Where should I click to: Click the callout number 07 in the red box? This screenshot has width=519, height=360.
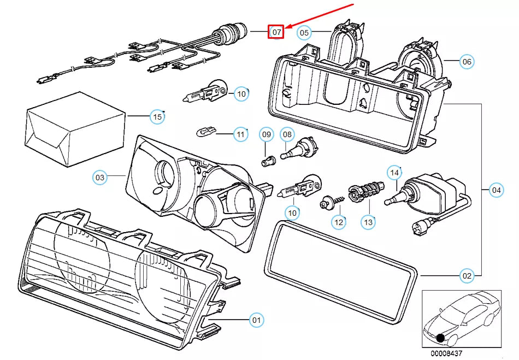tap(277, 32)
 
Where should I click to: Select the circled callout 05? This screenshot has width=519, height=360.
tap(304, 33)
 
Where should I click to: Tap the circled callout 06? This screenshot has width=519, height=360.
tap(466, 62)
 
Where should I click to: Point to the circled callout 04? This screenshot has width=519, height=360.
tap(496, 190)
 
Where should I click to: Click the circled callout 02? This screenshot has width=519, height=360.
tap(467, 276)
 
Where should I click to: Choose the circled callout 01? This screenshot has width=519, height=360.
tap(256, 320)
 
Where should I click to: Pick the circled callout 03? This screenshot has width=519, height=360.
tap(100, 177)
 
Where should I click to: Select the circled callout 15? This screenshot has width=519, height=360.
tap(157, 116)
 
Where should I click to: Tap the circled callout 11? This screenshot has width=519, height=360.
tap(240, 133)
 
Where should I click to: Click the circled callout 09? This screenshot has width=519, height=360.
tap(266, 134)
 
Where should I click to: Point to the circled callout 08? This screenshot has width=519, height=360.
tap(288, 134)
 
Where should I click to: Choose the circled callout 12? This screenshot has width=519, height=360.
tap(339, 222)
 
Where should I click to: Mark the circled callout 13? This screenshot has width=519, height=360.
tap(368, 222)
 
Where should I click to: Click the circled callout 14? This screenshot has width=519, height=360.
tap(394, 173)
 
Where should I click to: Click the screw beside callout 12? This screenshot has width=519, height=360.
tap(331, 203)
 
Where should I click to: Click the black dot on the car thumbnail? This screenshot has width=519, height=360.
tap(440, 339)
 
